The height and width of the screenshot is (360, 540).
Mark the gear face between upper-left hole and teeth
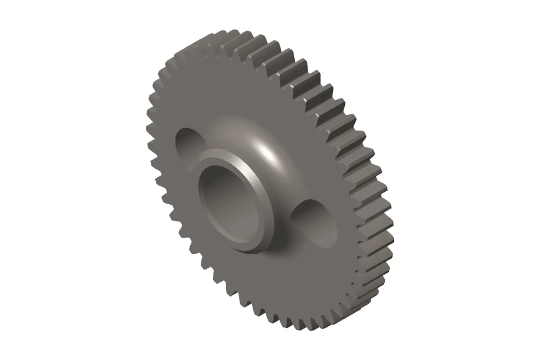tap(169, 112)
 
